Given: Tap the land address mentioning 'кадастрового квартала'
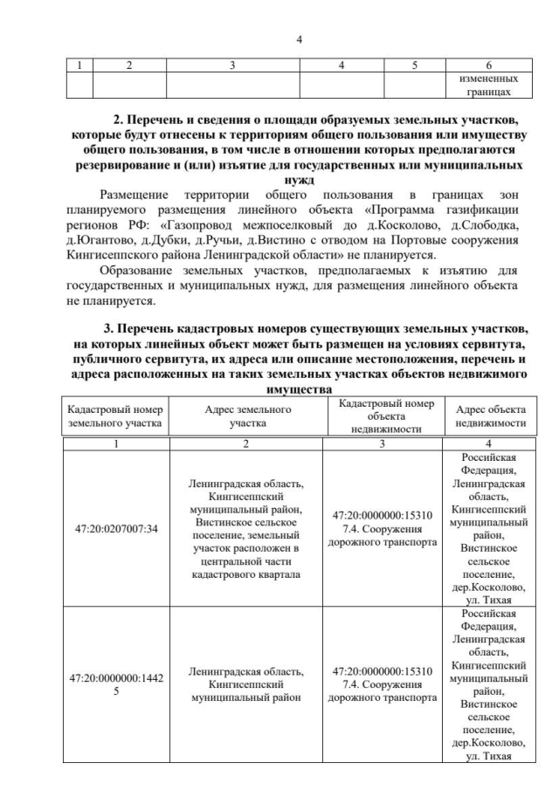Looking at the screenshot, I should click(x=246, y=528).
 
